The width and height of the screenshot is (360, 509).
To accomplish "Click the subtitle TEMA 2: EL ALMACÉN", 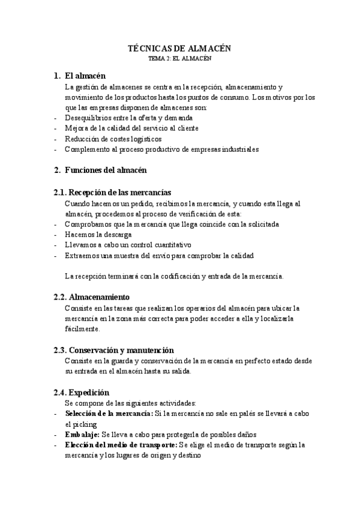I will point(180,59).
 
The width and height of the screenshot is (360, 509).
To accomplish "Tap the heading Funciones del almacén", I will point(105,170).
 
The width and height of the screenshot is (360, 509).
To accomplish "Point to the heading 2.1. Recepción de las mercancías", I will point(113,192).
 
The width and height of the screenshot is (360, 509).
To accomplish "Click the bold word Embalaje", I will point(82,434).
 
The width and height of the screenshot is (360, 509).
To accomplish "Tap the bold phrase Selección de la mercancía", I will point(109,414).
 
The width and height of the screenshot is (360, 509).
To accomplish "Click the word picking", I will point(77,424).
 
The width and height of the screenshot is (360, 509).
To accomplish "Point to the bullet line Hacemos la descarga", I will point(98,234).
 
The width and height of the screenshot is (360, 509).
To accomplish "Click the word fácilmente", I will point(83,329).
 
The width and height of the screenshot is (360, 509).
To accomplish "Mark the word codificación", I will point(172,276).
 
